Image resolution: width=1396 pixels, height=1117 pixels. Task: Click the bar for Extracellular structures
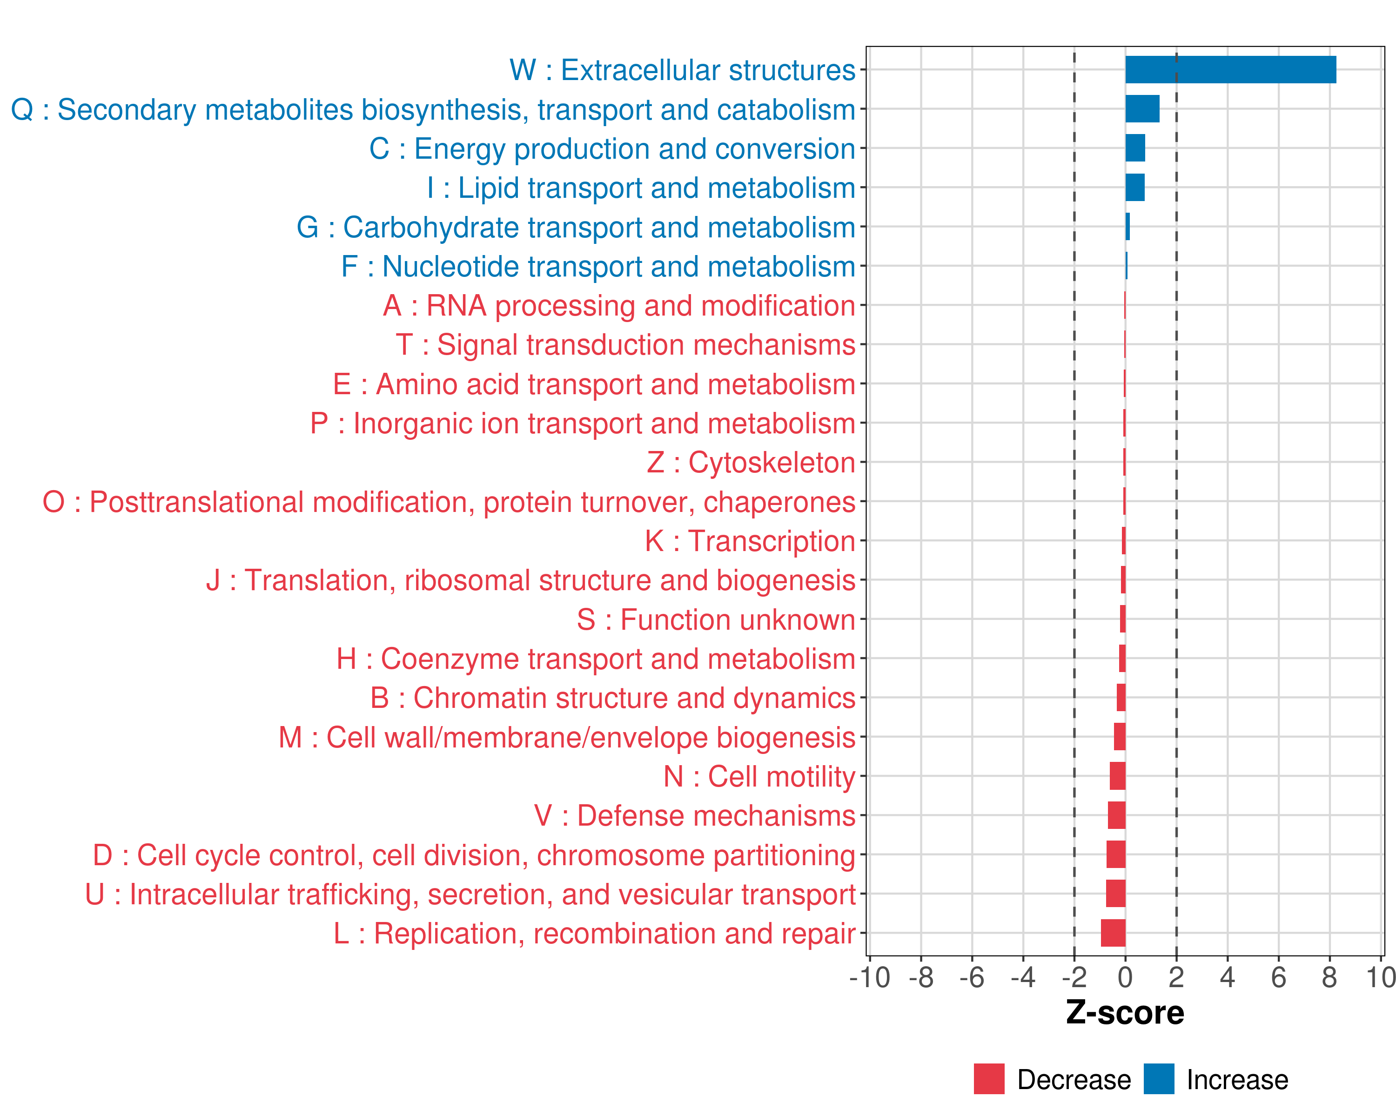1230,70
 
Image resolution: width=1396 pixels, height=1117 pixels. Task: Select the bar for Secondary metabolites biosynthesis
1142,109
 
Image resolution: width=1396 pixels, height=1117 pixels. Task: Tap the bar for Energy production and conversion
1135,148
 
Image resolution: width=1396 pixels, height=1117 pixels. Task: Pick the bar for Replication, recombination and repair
1113,933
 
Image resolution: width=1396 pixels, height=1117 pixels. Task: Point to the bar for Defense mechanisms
1116,815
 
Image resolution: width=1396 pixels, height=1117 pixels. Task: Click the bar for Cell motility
1118,776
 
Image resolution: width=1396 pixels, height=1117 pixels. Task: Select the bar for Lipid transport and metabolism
1135,188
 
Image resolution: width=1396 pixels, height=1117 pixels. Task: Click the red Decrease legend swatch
989,1079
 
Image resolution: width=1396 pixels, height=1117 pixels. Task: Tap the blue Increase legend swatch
1158,1079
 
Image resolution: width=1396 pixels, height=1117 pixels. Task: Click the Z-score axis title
1125,1013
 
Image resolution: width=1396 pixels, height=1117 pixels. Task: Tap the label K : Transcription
750,541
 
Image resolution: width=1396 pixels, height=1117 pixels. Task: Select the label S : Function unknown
716,619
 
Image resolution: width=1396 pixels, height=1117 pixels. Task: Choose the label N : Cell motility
759,776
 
